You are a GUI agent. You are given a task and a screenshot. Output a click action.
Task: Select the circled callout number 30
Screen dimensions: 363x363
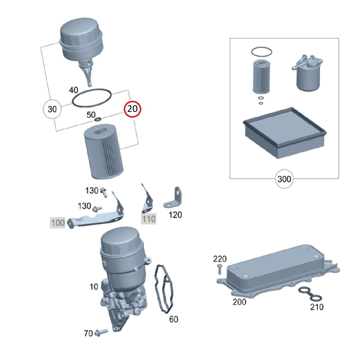pos(52,109)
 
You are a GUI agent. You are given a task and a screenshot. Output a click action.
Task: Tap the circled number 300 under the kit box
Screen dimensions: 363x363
pos(284,179)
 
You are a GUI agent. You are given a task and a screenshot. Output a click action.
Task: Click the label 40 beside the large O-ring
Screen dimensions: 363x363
pos(74,90)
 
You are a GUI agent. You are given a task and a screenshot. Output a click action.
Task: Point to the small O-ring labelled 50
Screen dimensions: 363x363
pos(98,119)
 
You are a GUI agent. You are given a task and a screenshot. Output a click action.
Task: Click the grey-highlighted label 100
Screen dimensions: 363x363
pos(58,223)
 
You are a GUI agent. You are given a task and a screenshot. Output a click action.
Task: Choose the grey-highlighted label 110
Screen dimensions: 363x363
pos(149,219)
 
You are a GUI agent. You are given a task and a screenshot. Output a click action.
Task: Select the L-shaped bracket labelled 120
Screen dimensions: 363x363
pos(174,198)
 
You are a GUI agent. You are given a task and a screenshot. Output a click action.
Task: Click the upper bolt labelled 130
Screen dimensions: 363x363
pos(103,192)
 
